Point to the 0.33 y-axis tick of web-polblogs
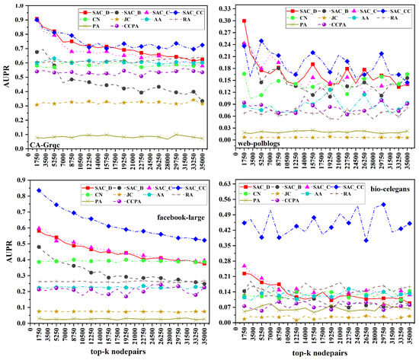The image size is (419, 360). point(224,8)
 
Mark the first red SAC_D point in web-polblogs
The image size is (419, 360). point(244,21)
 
